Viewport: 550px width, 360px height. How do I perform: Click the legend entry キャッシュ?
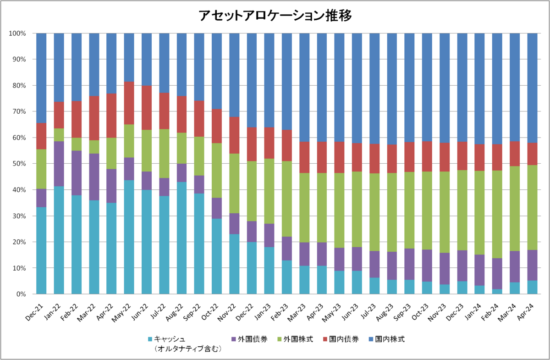click(170, 339)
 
